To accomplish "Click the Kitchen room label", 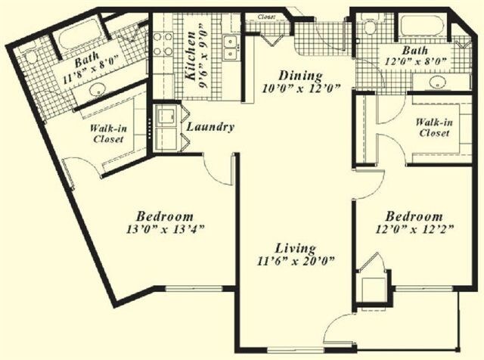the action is pos(191,56).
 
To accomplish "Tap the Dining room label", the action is pos(300,76).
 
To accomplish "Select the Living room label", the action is pos(296,248).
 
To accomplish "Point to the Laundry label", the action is pos(210,127).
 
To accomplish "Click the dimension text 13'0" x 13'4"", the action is pos(164,229).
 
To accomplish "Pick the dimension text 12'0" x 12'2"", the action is pos(414,229).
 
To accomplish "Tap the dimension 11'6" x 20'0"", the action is pos(296,261).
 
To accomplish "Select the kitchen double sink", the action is pos(230,47).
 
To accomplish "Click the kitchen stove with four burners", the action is pos(163,44).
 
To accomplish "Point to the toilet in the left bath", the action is pos(32,57).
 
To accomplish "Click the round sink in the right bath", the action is pos(437,82).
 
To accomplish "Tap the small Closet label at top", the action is pos(266,17).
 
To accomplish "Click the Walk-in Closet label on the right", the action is pos(433,128).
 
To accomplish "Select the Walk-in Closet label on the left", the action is pos(108,134).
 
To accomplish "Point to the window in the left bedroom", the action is pos(194,289).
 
